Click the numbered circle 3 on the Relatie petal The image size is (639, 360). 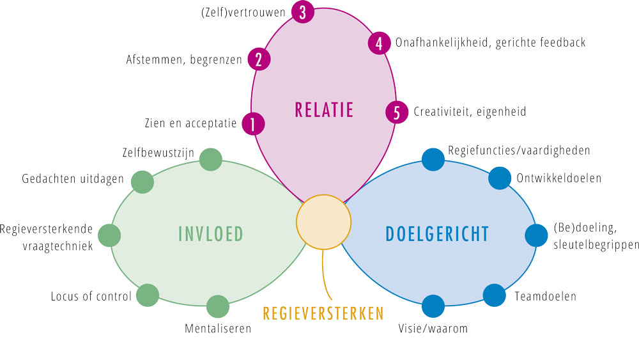coord(303,12)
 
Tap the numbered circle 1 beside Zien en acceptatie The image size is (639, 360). coord(253,124)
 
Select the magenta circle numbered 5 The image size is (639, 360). coord(397,112)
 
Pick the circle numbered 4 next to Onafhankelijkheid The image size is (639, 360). coord(380,43)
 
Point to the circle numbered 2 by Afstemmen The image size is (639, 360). coord(259,59)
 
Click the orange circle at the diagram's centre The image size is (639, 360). coord(323,222)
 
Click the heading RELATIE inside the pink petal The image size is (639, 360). coord(324,110)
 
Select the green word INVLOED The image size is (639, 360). coord(211,234)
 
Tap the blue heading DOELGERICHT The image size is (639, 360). coord(437,234)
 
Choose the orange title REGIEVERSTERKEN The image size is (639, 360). coord(323,313)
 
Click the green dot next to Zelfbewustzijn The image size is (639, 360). coord(211,159)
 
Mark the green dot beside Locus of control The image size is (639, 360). coord(148,295)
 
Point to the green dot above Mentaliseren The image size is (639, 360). coord(218,306)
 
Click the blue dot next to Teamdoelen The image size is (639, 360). coord(495,295)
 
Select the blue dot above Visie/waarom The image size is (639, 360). coord(433,306)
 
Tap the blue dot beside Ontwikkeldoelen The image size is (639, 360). coord(500,178)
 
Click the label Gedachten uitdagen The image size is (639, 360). coord(73,179)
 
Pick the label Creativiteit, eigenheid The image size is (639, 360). coord(470,112)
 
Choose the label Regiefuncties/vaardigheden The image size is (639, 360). coord(519,150)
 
